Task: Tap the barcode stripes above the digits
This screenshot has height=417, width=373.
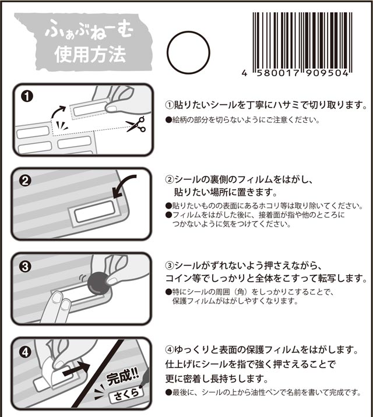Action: point(302,41)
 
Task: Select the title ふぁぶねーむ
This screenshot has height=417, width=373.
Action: point(89,32)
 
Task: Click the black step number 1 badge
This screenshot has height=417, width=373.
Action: point(27,96)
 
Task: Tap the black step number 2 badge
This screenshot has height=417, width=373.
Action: point(25,181)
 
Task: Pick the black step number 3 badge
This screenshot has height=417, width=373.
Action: point(25,266)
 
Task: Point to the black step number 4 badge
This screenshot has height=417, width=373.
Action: point(25,352)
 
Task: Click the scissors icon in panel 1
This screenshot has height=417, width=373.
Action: point(136,124)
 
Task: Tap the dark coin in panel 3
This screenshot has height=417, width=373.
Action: point(98,282)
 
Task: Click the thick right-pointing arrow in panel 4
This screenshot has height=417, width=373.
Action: point(76,370)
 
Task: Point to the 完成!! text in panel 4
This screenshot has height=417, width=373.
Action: point(122,377)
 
